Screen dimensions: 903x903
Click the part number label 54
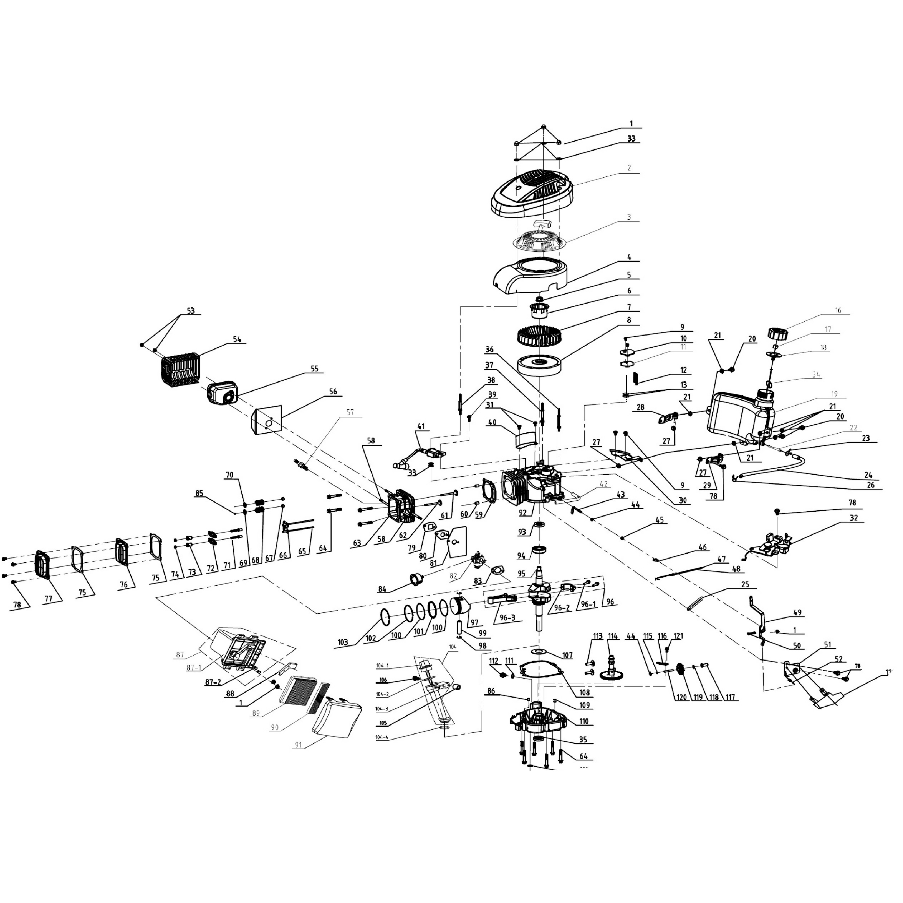[x=237, y=340]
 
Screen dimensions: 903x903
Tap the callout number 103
[x=342, y=643]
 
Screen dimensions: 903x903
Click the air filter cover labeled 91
[x=337, y=720]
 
